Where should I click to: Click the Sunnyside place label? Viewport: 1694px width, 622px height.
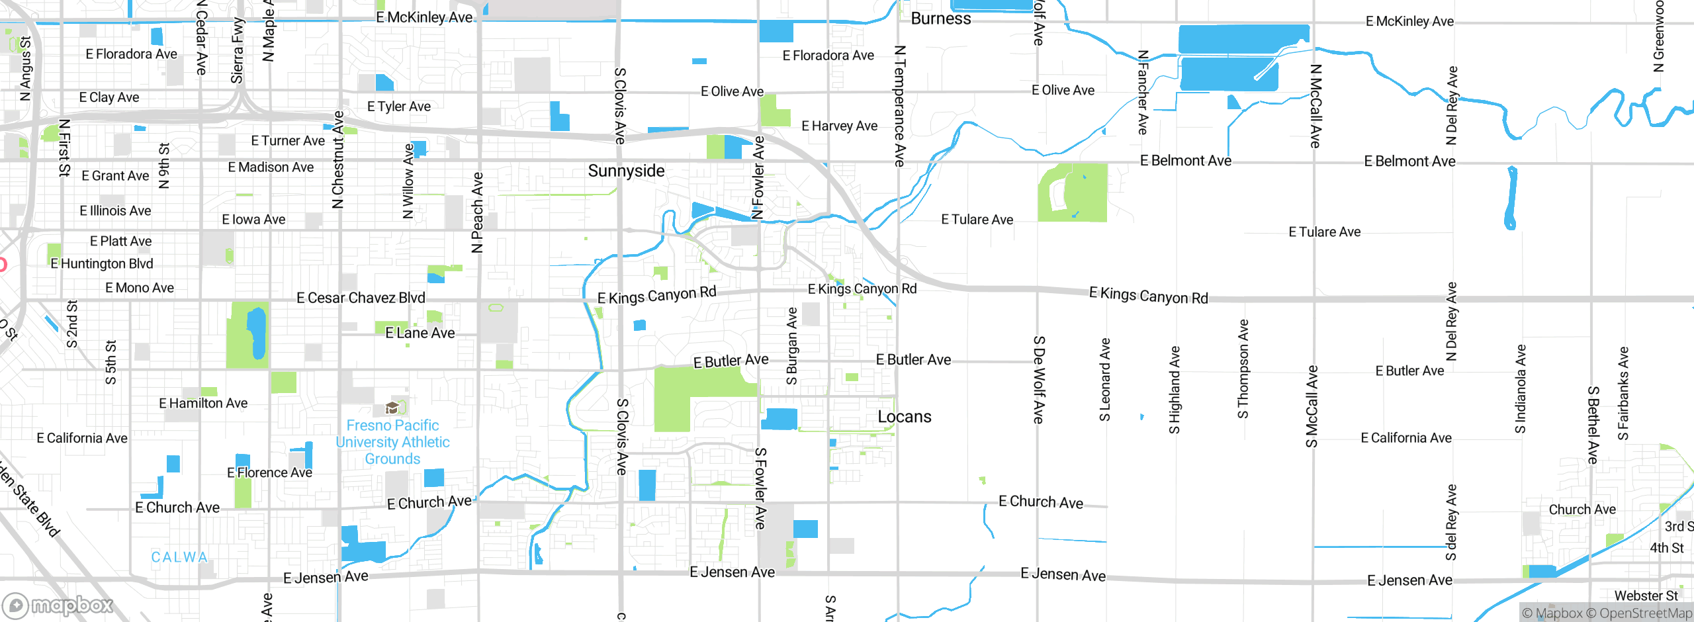[626, 171]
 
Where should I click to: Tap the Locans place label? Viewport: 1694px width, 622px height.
[904, 417]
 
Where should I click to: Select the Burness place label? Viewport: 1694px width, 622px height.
[940, 19]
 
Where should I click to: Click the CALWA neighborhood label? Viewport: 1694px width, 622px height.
[179, 557]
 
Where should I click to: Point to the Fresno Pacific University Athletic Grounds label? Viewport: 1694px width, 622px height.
[392, 442]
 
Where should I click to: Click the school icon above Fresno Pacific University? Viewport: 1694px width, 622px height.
[392, 408]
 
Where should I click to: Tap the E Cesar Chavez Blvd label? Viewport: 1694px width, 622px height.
[361, 298]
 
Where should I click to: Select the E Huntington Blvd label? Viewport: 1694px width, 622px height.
[102, 264]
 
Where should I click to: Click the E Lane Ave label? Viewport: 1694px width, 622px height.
[420, 333]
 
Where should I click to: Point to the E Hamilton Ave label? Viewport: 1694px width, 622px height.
[203, 403]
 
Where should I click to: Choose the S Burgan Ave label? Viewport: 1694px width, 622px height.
[791, 346]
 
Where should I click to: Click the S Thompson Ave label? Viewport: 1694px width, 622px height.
[1243, 369]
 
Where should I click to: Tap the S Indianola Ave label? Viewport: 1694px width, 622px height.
[1521, 389]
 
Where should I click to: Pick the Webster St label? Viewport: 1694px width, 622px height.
[1646, 596]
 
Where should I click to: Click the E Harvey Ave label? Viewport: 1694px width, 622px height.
[839, 126]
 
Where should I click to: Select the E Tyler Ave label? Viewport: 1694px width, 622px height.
[399, 107]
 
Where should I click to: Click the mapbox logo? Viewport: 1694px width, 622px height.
[58, 605]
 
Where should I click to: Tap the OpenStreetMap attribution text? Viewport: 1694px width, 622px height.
[1646, 613]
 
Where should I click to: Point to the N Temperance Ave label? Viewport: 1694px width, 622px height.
[899, 106]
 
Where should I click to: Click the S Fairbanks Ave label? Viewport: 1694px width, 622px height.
[1623, 394]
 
